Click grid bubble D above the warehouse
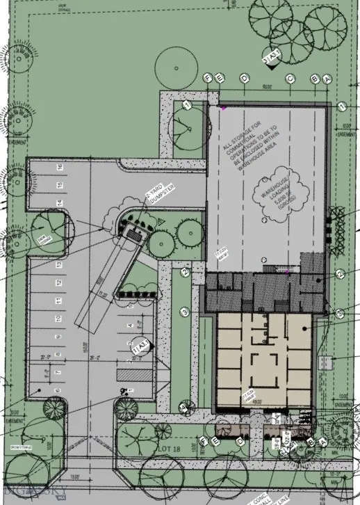click(x=244, y=79)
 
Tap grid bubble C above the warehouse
click(x=289, y=79)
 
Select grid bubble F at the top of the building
click(x=208, y=79)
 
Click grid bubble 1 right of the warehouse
click(x=342, y=106)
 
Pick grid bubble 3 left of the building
click(x=185, y=311)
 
